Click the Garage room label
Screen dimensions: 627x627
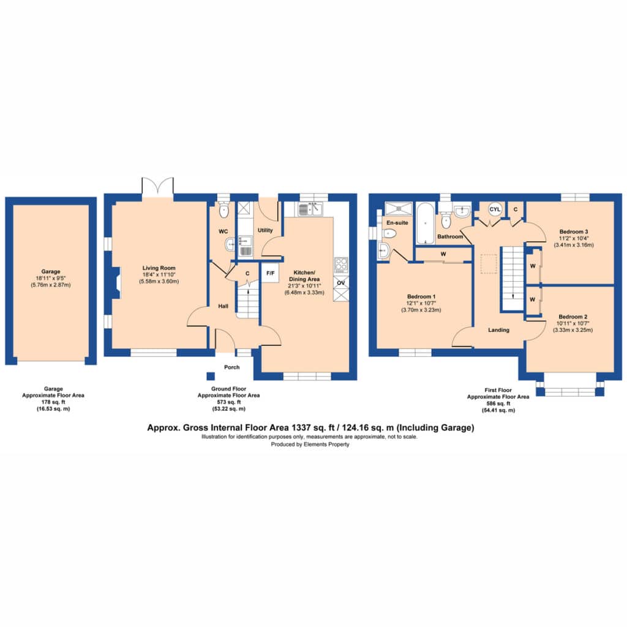pos(51,271)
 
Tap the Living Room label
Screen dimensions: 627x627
pos(159,268)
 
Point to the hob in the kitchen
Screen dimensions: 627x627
pos(341,265)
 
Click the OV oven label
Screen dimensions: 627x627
pos(340,283)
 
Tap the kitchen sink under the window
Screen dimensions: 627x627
pos(309,209)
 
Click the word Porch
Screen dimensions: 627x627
pos(232,367)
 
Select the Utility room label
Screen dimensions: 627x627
pos(265,230)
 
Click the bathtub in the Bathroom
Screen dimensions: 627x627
pos(425,223)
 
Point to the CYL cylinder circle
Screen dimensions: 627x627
pos(495,209)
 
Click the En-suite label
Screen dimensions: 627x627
pos(397,222)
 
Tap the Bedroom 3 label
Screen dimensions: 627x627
pos(573,231)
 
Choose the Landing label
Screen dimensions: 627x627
pos(498,330)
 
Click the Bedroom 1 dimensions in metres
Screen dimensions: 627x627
pos(421,310)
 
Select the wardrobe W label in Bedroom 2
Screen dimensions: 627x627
pos(532,299)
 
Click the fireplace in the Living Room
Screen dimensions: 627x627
pos(116,283)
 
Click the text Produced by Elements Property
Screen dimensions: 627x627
pos(310,445)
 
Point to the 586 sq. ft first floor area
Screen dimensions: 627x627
pos(498,404)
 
